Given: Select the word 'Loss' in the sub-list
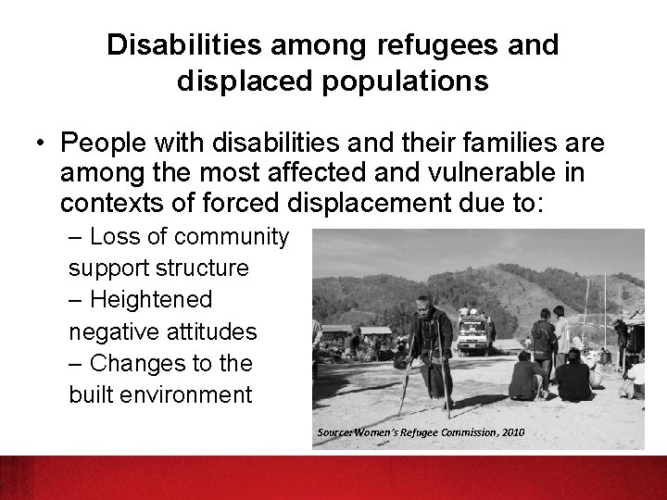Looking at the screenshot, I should (116, 238).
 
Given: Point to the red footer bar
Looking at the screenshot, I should (333, 476).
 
